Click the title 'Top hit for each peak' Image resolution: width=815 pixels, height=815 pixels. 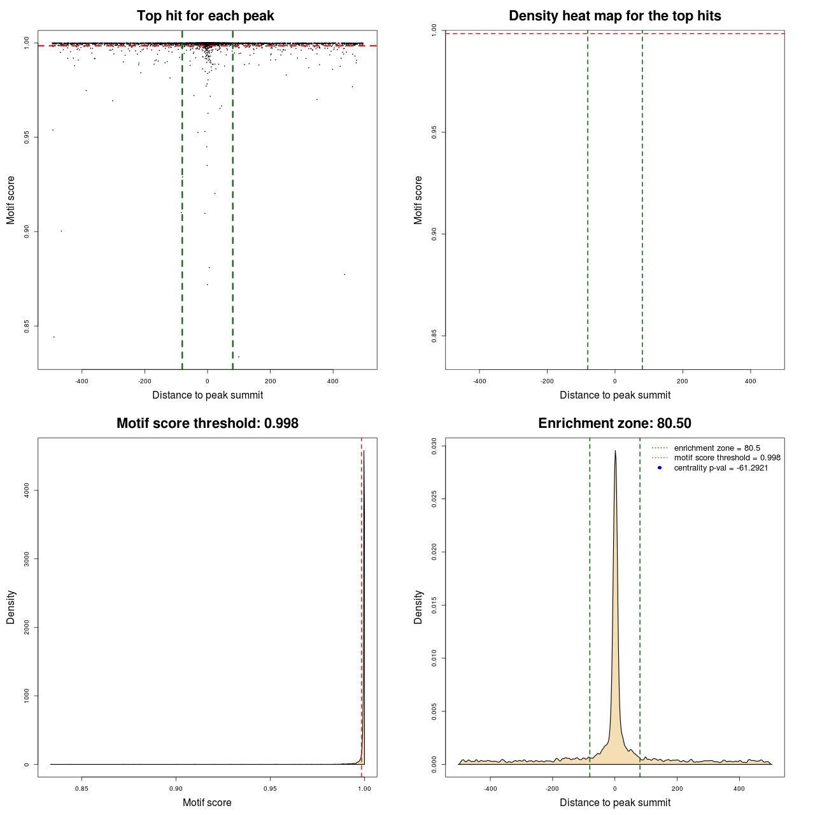205,16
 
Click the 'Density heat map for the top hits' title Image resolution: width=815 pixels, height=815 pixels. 614,16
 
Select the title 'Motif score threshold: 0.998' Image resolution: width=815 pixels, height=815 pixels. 207,423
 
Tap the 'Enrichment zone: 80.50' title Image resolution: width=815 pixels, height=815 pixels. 614,423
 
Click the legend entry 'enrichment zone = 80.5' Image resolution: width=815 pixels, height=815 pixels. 717,448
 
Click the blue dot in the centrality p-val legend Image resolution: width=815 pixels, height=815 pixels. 660,468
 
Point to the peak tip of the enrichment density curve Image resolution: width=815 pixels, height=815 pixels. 615,451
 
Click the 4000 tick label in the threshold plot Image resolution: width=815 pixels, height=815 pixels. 27,490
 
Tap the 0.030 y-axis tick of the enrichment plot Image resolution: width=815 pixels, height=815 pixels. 434,446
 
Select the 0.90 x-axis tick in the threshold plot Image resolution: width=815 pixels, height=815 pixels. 176,789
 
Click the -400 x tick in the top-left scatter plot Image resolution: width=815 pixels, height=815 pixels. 81,381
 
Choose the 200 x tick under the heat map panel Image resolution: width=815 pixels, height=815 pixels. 683,381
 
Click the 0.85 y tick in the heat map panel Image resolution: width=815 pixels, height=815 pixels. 434,336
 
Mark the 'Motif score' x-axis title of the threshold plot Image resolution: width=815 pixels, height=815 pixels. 207,803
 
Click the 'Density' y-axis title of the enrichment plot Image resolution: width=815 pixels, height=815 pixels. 418,607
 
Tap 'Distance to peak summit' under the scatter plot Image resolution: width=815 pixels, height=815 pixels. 208,395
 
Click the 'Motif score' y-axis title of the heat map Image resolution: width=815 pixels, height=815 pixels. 418,200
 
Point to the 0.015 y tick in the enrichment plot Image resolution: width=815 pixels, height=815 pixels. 434,605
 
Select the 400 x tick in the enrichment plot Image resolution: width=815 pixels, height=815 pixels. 739,789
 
